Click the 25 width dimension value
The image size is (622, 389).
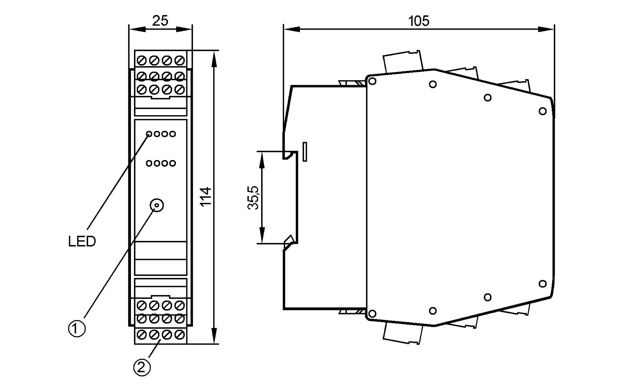(160, 21)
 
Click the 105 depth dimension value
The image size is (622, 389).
(419, 21)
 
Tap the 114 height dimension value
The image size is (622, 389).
(206, 197)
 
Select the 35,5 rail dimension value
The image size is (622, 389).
(253, 198)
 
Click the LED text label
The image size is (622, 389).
(82, 242)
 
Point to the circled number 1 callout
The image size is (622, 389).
(77, 328)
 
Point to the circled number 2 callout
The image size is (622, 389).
(142, 368)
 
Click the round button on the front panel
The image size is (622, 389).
(157, 205)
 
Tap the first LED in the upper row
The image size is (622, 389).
(149, 134)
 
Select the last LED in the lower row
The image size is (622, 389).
(173, 163)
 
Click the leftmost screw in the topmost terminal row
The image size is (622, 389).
(142, 60)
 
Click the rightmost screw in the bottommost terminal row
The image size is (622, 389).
(179, 335)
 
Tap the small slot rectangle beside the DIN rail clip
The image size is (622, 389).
(305, 152)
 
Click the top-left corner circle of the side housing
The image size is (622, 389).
(372, 81)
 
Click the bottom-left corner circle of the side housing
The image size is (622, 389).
(372, 313)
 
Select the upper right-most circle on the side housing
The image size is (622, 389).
(542, 111)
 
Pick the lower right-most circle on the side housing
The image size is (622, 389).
(542, 283)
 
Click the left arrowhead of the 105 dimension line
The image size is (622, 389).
(291, 29)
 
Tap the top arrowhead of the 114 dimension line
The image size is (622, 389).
(214, 59)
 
